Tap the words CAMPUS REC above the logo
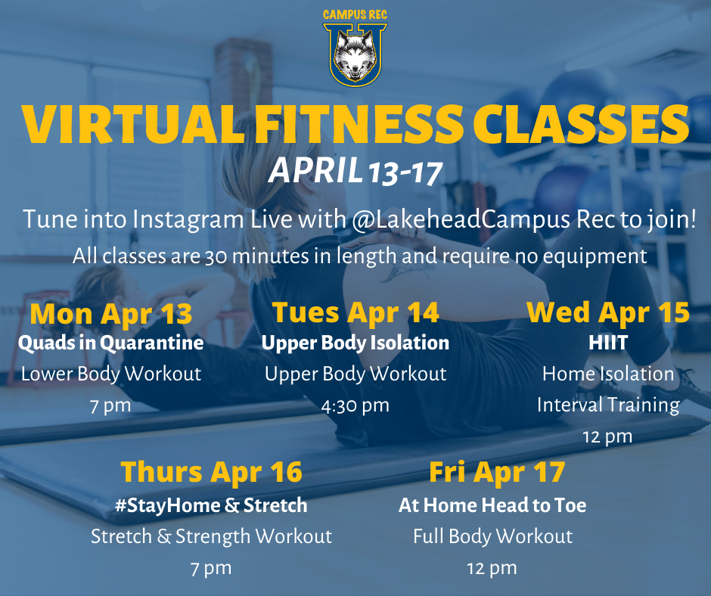point(355,15)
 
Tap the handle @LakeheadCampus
point(461,219)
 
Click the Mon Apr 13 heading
point(111,314)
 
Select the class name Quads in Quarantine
point(111,343)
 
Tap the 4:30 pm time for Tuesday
point(355,405)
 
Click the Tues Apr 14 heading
point(355,312)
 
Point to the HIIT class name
point(608,343)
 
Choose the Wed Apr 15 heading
point(608,312)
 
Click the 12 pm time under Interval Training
point(607,437)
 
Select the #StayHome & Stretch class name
point(211,505)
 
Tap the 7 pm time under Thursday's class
point(211,568)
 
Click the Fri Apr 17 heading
point(497,472)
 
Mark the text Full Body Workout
point(492,536)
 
